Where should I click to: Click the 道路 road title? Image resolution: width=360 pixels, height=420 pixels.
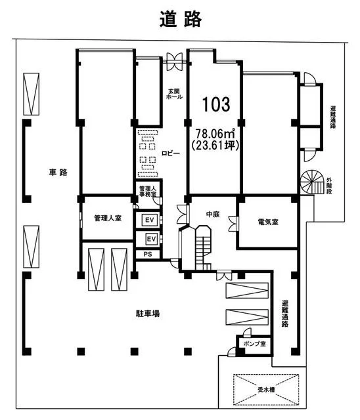181,20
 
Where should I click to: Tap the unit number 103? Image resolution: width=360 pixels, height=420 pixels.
216,104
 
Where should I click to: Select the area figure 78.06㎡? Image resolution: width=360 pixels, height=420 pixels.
215,133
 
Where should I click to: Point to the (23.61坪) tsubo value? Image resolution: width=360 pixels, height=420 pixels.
215,145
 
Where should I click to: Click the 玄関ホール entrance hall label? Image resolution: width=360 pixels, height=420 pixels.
174,94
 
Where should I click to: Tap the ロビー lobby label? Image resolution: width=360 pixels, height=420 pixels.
171,153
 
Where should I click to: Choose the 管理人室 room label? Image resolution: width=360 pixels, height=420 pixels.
108,218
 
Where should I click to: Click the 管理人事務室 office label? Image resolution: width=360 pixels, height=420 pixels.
147,191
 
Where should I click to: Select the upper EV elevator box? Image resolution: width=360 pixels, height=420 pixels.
150,220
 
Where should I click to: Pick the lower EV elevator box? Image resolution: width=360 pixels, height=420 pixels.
151,238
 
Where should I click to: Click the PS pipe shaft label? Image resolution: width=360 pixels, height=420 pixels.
148,254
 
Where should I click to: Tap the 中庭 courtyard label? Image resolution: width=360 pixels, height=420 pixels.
213,215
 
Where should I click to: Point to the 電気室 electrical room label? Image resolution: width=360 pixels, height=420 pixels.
268,222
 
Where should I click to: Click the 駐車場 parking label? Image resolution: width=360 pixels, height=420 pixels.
147,313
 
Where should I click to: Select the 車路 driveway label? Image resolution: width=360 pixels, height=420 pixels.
58,172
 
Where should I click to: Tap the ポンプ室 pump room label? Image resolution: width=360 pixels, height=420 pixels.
254,343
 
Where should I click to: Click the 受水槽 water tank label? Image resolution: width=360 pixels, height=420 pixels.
266,389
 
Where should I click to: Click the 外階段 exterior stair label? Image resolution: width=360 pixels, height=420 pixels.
329,185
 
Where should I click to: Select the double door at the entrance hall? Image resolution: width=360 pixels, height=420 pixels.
175,61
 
